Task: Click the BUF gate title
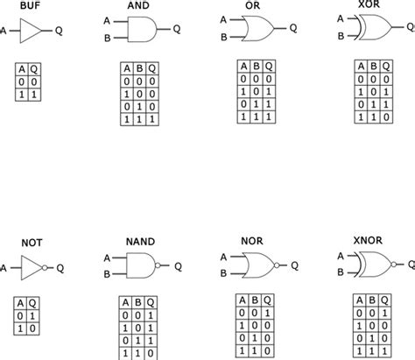point(31,6)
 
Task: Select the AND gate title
point(140,6)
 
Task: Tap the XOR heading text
point(355,6)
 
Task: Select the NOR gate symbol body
point(257,264)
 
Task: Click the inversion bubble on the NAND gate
point(158,265)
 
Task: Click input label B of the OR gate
point(223,37)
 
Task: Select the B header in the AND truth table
point(139,68)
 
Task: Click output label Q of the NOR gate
point(294,264)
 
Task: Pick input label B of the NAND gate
point(106,272)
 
